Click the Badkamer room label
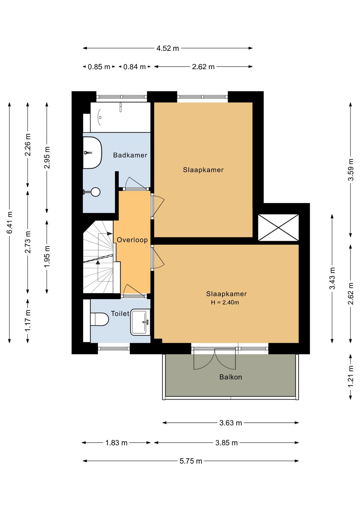(130, 155)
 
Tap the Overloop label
(132, 240)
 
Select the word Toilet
(120, 314)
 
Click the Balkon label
(231, 377)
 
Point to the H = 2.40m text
(225, 303)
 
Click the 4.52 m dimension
(168, 48)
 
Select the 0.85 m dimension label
(99, 67)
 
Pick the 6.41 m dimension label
(10, 222)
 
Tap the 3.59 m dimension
(351, 169)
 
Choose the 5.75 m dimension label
(191, 461)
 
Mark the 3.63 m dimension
(231, 423)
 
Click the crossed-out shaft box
(278, 227)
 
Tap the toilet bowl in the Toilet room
(99, 320)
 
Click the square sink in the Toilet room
(140, 322)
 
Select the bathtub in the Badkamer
(120, 117)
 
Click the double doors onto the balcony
(215, 358)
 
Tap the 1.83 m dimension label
(116, 443)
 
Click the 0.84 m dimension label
(134, 67)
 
